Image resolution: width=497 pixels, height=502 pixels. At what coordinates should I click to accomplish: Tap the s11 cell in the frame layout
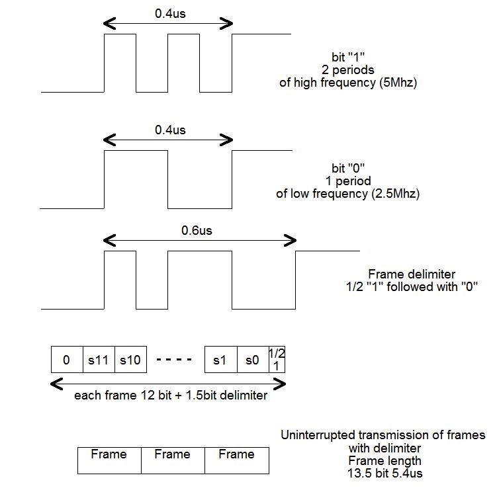pyautogui.click(x=99, y=360)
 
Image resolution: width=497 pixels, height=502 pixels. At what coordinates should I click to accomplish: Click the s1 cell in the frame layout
pyautogui.click(x=220, y=360)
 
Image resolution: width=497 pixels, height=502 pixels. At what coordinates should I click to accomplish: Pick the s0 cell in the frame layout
pyautogui.click(x=252, y=360)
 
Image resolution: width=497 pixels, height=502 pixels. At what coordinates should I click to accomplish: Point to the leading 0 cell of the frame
pyautogui.click(x=66, y=360)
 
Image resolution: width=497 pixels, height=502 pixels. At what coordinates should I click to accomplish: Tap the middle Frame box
pyautogui.click(x=172, y=454)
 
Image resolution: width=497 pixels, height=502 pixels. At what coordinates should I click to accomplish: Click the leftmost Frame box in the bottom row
pyautogui.click(x=109, y=454)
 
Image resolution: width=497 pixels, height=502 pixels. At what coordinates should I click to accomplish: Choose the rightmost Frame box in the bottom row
pyautogui.click(x=236, y=454)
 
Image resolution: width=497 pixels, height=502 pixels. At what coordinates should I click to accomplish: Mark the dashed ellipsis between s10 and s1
pyautogui.click(x=174, y=360)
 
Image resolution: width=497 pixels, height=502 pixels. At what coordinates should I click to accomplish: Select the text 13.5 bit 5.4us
pyautogui.click(x=383, y=473)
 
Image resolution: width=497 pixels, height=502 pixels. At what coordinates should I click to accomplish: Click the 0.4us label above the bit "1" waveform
pyautogui.click(x=170, y=13)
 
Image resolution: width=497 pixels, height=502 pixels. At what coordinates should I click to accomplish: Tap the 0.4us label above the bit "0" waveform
pyautogui.click(x=170, y=130)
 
